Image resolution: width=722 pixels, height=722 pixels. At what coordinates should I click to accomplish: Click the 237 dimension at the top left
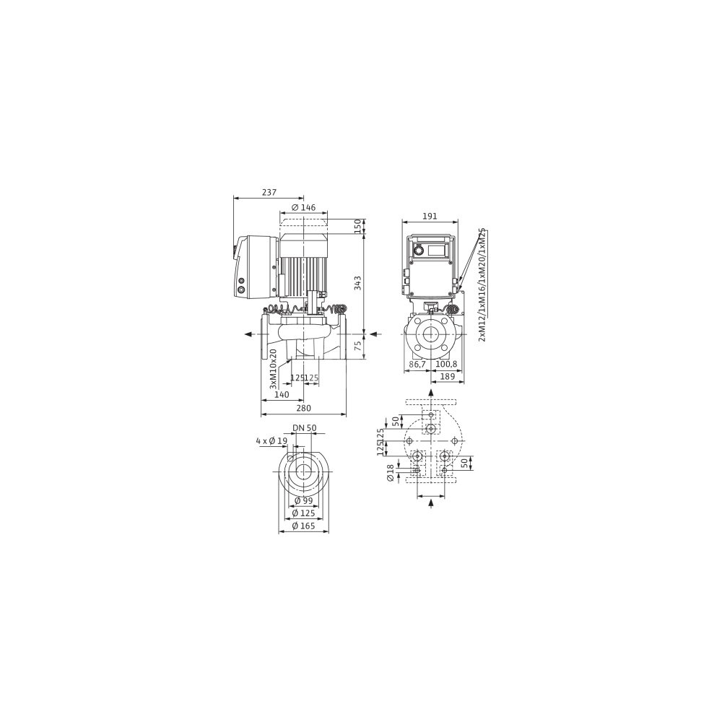(269, 193)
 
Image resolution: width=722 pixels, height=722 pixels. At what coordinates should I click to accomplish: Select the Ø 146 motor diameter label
(303, 208)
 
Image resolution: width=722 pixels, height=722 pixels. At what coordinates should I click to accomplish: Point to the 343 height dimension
(358, 283)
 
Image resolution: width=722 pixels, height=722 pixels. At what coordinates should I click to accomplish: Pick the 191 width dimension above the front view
(430, 216)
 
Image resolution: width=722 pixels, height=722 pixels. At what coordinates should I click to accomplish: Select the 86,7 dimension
(417, 364)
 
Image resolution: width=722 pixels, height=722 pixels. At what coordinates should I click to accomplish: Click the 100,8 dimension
(446, 364)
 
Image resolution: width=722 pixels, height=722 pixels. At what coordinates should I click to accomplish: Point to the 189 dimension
(448, 377)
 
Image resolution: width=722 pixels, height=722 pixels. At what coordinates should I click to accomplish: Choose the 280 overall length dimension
(303, 408)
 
